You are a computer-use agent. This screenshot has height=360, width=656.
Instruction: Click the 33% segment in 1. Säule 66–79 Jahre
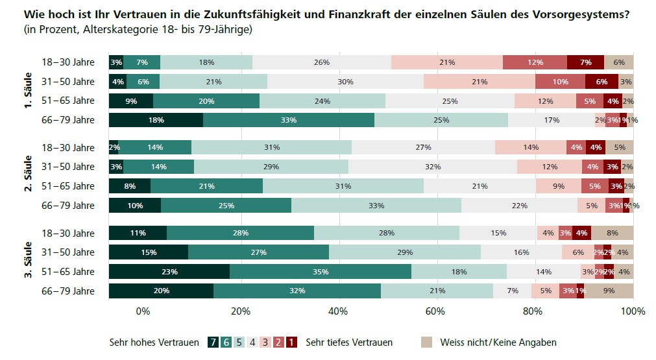click(x=288, y=120)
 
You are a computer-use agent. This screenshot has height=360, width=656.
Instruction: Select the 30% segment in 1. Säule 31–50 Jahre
click(x=345, y=82)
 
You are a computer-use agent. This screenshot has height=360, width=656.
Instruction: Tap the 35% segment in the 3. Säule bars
click(x=320, y=272)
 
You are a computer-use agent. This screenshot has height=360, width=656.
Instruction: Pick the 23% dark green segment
click(x=169, y=272)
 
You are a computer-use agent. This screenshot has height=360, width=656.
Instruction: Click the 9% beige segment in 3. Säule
click(x=609, y=291)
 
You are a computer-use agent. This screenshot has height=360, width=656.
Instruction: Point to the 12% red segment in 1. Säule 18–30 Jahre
click(x=535, y=62)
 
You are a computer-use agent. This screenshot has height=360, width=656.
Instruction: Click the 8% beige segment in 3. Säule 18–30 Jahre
click(x=612, y=234)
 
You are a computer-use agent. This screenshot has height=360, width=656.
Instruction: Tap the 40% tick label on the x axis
click(x=338, y=311)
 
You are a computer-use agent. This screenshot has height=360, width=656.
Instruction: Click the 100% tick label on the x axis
click(x=633, y=311)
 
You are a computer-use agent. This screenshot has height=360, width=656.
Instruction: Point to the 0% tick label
click(x=143, y=311)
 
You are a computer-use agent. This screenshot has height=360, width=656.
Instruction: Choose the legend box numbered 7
click(x=213, y=342)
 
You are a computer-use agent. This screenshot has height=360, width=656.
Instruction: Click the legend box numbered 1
click(x=291, y=342)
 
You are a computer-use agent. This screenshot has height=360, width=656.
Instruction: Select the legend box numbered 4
click(x=252, y=342)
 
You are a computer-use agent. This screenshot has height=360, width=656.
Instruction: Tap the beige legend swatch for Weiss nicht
click(x=426, y=342)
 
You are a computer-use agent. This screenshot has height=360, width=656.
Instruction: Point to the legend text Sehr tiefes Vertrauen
click(x=349, y=342)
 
